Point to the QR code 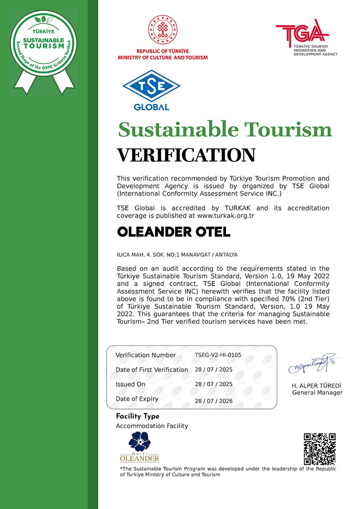[319, 449]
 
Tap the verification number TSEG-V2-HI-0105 [218, 355]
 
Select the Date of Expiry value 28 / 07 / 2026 [214, 401]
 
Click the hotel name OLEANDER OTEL [174, 232]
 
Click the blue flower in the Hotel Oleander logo [139, 442]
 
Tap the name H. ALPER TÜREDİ [317, 385]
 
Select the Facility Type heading [138, 416]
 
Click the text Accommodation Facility [152, 426]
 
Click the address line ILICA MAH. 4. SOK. [177, 254]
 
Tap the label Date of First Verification [152, 370]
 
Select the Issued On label [130, 384]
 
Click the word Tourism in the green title [288, 129]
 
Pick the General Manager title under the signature [317, 393]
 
